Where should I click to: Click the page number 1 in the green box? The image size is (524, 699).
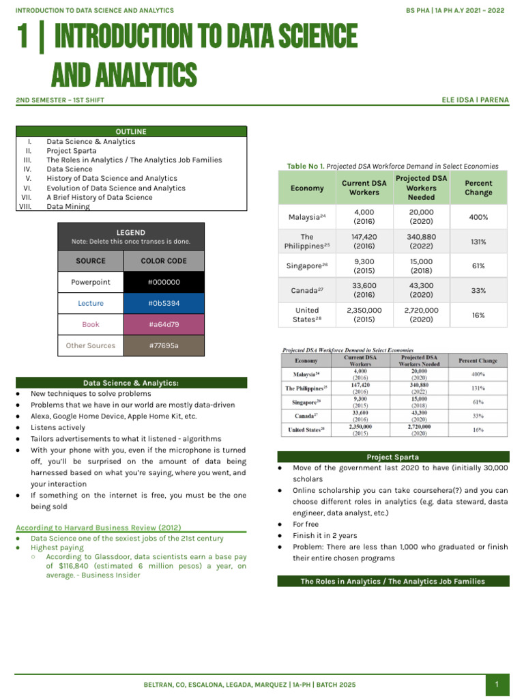click(x=497, y=684)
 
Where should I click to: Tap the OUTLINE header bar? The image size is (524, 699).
click(x=131, y=132)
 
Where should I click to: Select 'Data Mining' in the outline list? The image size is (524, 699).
click(x=68, y=207)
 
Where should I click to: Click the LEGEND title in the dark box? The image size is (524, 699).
click(x=131, y=233)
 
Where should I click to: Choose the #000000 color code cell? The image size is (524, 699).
click(x=163, y=282)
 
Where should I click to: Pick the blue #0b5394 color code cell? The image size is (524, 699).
click(x=163, y=303)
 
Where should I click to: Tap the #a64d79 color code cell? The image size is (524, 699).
click(x=163, y=324)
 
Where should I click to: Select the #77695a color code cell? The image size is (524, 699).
click(x=163, y=345)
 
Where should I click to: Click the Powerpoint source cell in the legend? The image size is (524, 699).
click(x=91, y=282)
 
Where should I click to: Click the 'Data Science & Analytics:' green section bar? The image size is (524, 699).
click(x=131, y=383)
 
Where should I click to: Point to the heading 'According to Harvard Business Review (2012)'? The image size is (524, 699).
click(x=98, y=528)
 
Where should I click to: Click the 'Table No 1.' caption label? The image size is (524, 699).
click(x=306, y=166)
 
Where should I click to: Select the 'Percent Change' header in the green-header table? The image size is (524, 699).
click(x=478, y=188)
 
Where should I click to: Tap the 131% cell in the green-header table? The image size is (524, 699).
click(x=478, y=242)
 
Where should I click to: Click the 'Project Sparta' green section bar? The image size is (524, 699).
click(x=393, y=457)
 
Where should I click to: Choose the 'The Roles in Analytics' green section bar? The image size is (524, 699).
click(x=393, y=582)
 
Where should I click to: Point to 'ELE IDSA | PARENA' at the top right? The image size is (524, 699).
click(x=476, y=100)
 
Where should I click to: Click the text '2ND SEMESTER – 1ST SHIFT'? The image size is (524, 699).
click(x=60, y=100)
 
